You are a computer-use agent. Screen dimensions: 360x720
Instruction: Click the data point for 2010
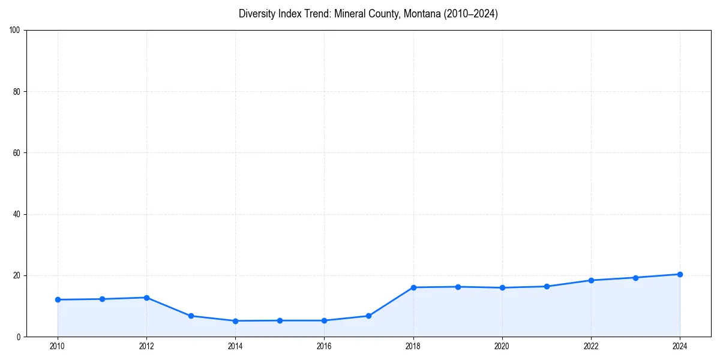tap(58, 299)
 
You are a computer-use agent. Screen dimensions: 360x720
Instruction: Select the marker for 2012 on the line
tap(146, 298)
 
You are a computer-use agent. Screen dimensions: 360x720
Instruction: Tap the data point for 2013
tap(191, 316)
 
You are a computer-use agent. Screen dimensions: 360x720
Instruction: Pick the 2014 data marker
tap(235, 321)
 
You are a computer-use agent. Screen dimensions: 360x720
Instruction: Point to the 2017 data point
tap(368, 316)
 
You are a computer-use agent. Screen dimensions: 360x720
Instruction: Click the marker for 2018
tap(413, 287)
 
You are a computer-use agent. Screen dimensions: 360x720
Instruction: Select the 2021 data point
tap(547, 286)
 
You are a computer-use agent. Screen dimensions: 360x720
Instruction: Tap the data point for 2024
tap(680, 274)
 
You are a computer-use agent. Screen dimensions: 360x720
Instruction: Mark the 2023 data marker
tap(635, 277)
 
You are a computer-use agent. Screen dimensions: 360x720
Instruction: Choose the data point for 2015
tap(280, 320)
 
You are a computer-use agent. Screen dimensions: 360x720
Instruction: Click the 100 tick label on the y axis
tap(15, 30)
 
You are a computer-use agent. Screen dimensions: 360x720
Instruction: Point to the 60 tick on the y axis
tap(17, 153)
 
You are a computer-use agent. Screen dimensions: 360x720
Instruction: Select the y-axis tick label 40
tap(17, 214)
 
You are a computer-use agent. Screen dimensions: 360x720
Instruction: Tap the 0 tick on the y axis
tap(19, 337)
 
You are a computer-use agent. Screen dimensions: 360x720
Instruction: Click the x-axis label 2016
tap(324, 346)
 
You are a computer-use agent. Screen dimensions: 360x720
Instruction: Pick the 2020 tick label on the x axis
tap(502, 346)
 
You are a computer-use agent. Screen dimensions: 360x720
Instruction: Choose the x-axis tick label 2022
tap(591, 346)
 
